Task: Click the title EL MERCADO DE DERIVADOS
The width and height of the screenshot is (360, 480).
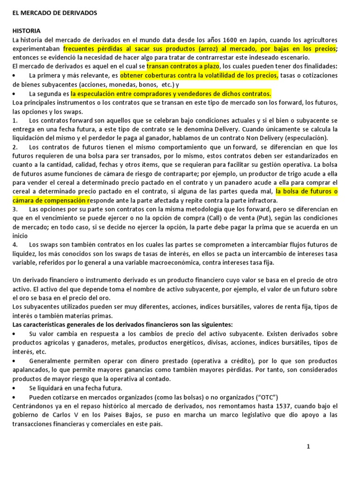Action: coord(55,14)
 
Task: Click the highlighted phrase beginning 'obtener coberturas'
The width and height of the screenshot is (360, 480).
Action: coord(199,75)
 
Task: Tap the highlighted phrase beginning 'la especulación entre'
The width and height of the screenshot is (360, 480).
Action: coord(171,93)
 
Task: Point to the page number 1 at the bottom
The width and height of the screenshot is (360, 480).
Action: coord(308,447)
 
